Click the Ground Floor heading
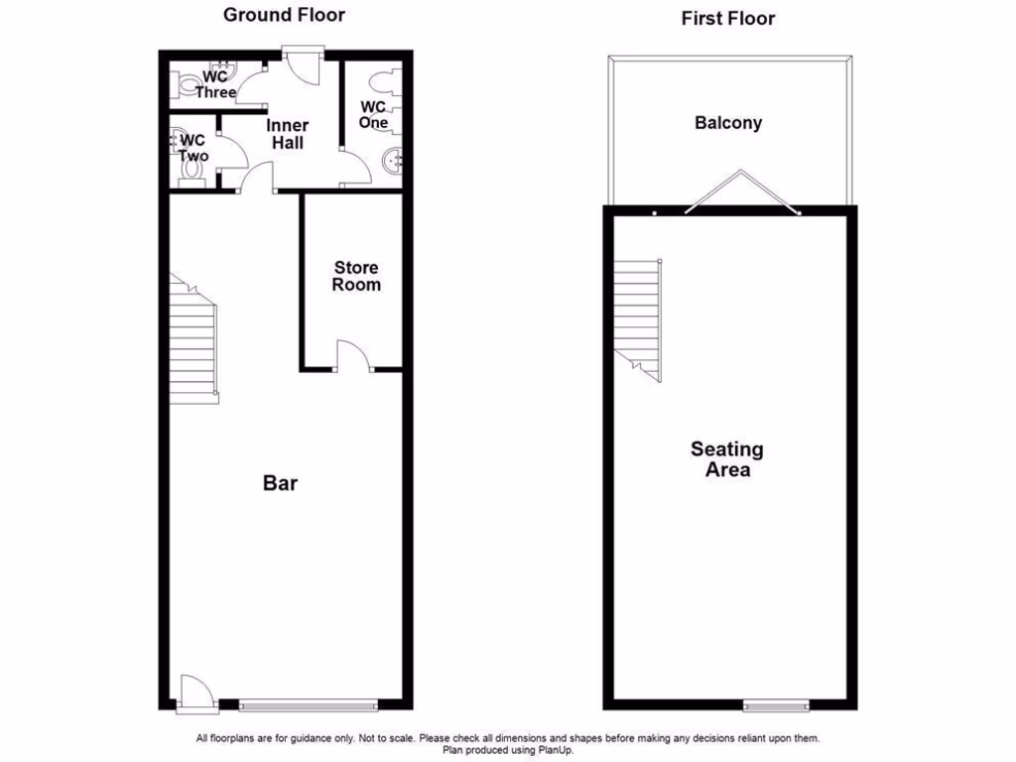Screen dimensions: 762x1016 click(x=284, y=15)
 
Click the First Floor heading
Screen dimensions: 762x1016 click(x=728, y=18)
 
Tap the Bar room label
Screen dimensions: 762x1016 click(x=280, y=483)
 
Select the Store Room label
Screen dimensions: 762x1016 click(x=356, y=276)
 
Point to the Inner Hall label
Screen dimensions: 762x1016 click(x=288, y=134)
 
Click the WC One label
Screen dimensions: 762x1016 click(x=373, y=114)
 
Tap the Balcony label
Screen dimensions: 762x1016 click(x=728, y=123)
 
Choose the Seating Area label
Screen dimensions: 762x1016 click(x=727, y=459)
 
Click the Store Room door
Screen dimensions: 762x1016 click(x=352, y=356)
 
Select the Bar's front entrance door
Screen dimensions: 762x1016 click(x=193, y=693)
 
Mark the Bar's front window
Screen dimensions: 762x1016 click(x=309, y=705)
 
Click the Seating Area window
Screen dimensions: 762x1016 click(x=776, y=705)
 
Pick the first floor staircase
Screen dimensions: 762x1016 click(x=637, y=317)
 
